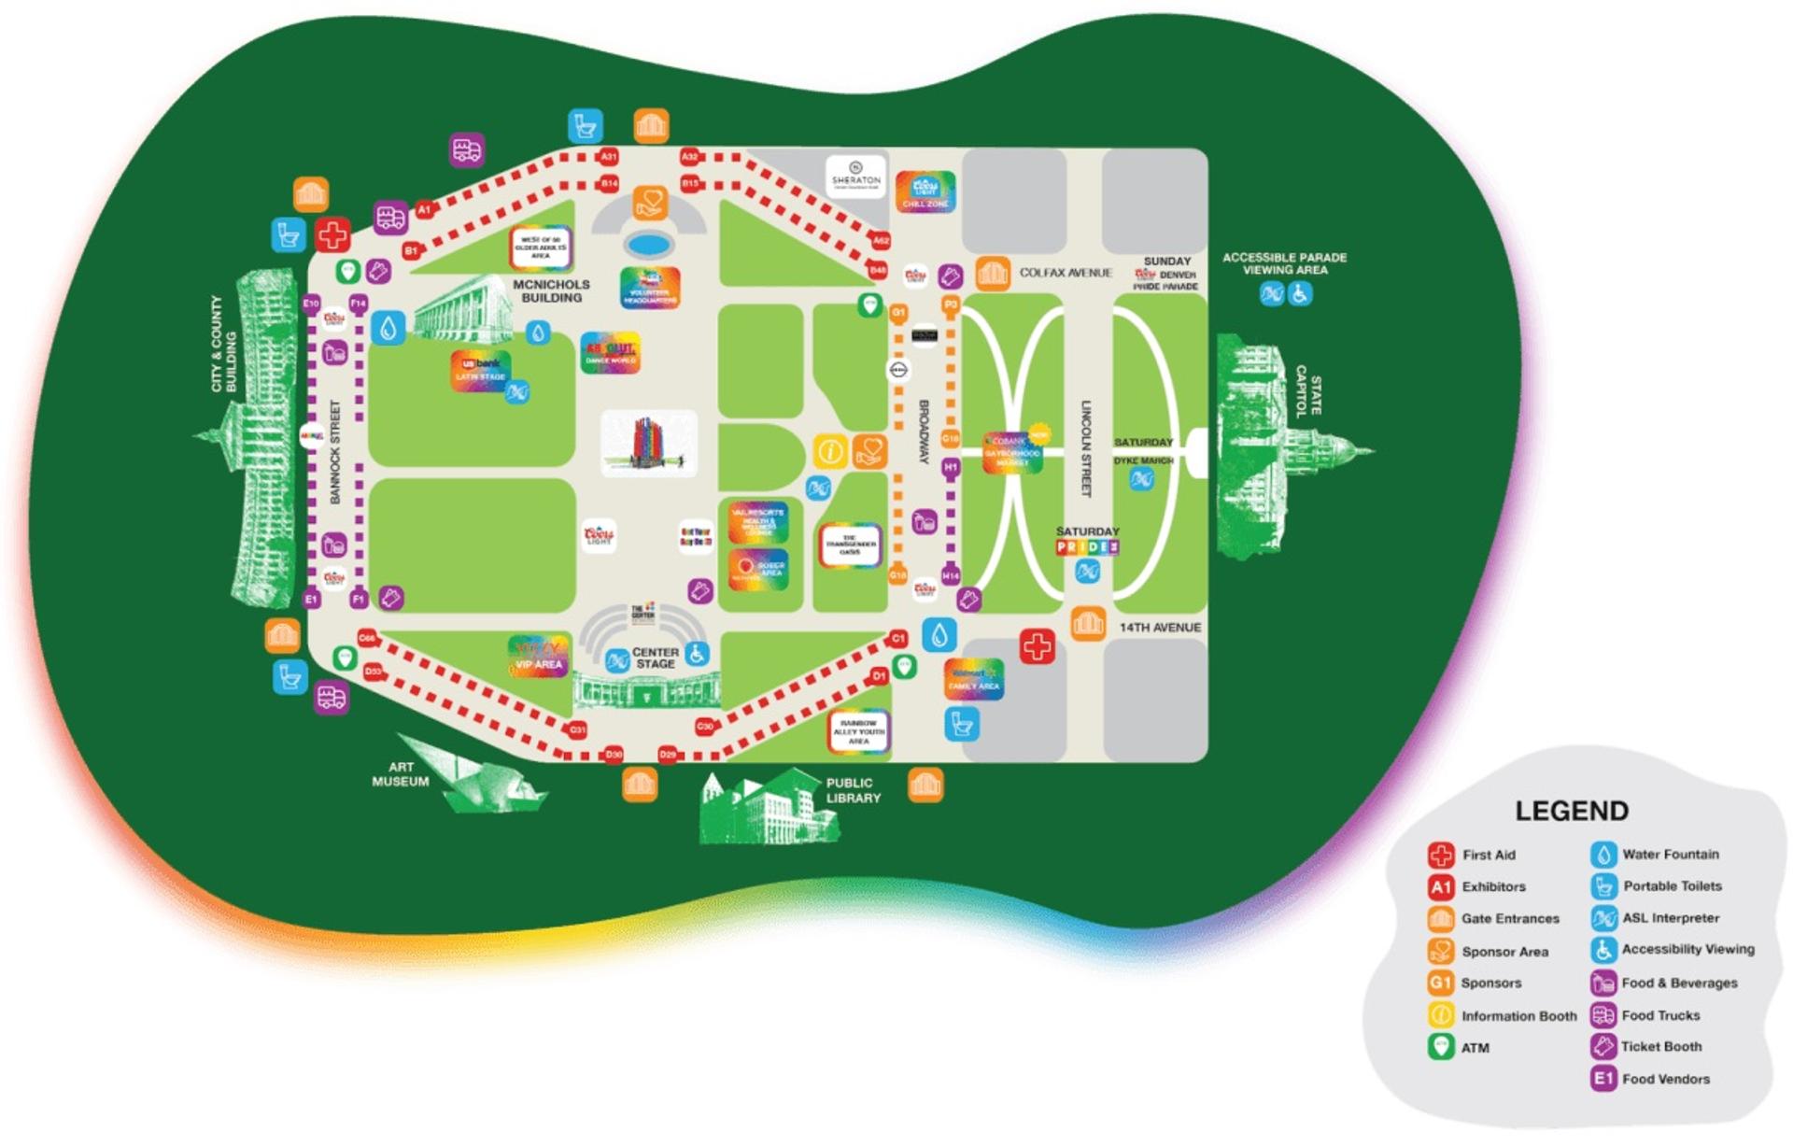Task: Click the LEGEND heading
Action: (x=1571, y=811)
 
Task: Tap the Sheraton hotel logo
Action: (x=855, y=176)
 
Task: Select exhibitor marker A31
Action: (x=609, y=157)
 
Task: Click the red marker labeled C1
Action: (x=897, y=639)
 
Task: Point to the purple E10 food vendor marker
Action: (x=312, y=303)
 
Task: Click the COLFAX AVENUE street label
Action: (x=1066, y=273)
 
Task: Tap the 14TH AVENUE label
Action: (x=1160, y=628)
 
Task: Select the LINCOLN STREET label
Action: (x=1086, y=448)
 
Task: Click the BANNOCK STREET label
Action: (x=335, y=453)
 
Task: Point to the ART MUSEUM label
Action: (x=401, y=774)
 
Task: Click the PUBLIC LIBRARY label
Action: (x=853, y=790)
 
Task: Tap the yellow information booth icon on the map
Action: (x=829, y=451)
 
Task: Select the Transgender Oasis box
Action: (x=850, y=545)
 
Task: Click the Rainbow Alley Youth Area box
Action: (x=858, y=732)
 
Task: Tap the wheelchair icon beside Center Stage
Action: (x=696, y=653)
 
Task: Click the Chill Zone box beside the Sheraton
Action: (x=925, y=191)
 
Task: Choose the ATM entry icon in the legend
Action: (x=1441, y=1047)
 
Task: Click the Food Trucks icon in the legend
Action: (x=1602, y=1015)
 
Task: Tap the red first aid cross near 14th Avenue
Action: (x=1037, y=645)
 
